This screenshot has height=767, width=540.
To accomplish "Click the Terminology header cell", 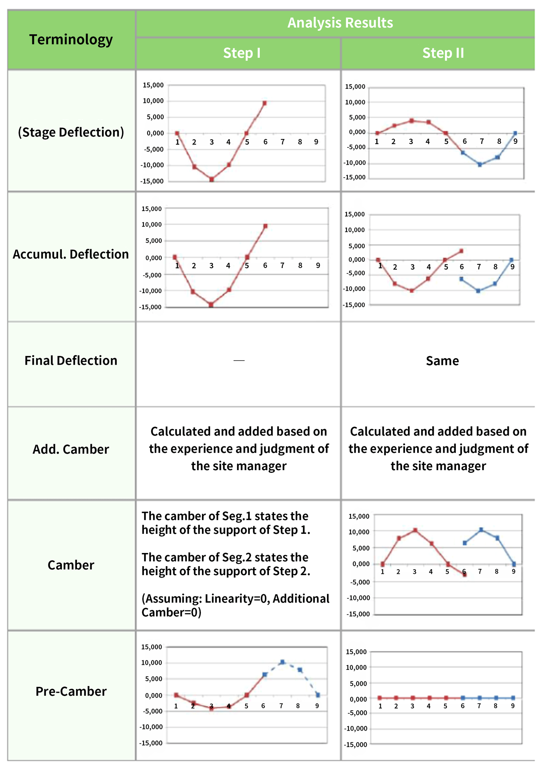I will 71,39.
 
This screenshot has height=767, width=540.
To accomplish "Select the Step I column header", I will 242,53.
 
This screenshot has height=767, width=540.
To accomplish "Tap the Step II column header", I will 443,53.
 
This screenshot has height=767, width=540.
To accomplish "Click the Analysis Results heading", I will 340,23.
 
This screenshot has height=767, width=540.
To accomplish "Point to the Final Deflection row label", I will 71,360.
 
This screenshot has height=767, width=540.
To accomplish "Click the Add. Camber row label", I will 71,449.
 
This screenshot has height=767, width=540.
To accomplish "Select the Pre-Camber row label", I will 71,691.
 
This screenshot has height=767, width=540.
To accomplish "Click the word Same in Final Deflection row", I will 442,361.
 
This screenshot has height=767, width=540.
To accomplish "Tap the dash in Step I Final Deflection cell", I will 239,360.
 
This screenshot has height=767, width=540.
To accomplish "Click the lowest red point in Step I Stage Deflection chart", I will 212,179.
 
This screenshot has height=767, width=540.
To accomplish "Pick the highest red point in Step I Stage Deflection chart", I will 264,103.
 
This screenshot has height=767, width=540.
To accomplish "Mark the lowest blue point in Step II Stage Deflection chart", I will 480,165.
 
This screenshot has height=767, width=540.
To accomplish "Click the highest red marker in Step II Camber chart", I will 415,530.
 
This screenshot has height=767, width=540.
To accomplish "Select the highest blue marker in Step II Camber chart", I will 481,530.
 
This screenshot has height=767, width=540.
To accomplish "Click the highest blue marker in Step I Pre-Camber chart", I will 282,662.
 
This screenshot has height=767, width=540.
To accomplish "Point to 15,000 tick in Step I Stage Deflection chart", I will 153,85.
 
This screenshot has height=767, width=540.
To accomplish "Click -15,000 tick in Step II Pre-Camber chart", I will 355,745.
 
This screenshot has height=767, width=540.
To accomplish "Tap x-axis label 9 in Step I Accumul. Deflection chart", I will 318,265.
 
